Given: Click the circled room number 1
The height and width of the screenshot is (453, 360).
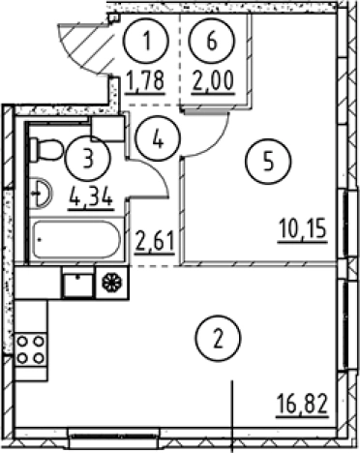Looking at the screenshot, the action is click(146, 41).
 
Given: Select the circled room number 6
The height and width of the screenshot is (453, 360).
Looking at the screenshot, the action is click(212, 41).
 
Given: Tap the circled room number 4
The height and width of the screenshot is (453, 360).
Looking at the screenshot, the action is click(158, 138).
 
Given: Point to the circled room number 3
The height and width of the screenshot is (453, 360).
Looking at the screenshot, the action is click(88, 159).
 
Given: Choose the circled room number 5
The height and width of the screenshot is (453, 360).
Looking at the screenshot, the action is click(268, 161).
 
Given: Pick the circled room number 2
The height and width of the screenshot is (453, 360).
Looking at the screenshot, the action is click(219, 339).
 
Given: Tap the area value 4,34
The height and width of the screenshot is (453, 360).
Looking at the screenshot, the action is click(91, 197).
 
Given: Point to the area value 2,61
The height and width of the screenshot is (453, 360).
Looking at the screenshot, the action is click(155, 242).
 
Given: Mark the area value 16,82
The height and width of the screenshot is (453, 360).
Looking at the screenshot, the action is click(303, 406).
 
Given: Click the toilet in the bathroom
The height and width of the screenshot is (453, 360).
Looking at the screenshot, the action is click(47, 149).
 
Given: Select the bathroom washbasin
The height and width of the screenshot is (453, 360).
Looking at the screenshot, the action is click(41, 194).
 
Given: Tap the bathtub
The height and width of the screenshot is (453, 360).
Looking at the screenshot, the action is click(76, 239).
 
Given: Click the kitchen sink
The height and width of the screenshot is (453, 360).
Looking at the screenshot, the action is click(78, 284).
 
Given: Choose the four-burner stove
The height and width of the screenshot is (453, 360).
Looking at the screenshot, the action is click(31, 349).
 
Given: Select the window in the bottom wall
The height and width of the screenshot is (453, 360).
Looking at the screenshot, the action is click(114, 437).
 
